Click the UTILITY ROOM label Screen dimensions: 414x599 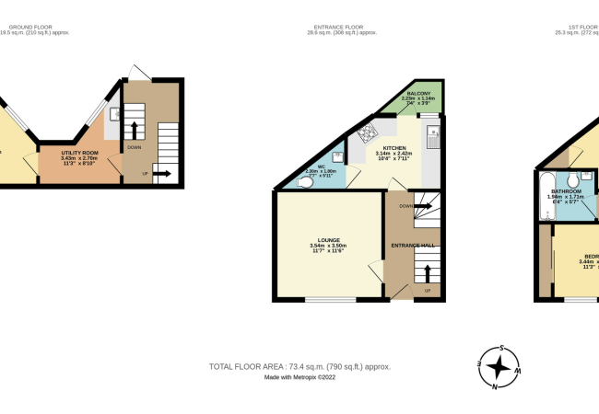tap(79, 154)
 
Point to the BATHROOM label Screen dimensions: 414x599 tap(566, 191)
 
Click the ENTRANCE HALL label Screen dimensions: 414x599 tap(413, 246)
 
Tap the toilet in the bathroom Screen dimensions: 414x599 tap(573, 178)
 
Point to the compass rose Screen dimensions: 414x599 tap(499, 368)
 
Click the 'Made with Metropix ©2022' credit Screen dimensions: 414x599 tap(299, 377)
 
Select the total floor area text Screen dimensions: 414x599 tap(299, 366)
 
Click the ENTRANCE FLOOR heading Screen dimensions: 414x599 tap(343, 28)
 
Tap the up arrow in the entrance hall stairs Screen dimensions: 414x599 tap(429, 271)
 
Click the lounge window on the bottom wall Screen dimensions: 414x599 tap(330, 299)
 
